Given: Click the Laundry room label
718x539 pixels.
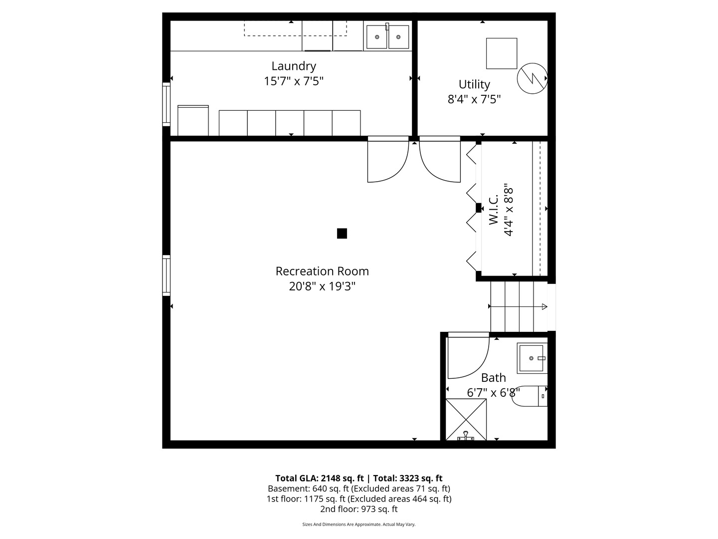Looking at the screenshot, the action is [293, 66].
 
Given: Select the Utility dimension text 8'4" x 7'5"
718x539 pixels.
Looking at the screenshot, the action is [474, 99].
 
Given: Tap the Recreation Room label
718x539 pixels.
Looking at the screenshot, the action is [322, 271].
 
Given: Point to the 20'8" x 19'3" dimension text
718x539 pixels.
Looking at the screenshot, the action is [322, 286].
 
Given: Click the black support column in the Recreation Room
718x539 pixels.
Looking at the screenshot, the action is [342, 234].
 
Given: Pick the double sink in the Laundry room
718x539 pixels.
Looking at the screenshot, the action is [387, 36].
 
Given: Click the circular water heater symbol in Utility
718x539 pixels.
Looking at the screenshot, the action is [532, 78].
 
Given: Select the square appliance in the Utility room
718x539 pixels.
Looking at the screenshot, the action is [502, 53].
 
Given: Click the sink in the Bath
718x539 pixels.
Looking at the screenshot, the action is [532, 358].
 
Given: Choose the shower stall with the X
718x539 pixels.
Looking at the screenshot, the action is [466, 420].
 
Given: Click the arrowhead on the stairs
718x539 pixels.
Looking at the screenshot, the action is [544, 306].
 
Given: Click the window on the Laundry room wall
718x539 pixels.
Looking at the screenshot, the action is [167, 104].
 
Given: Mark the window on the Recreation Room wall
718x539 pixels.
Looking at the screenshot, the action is [167, 275].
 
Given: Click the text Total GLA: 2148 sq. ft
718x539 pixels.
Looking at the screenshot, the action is [320, 478].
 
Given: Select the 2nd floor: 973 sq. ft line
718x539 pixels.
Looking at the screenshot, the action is [359, 509].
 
